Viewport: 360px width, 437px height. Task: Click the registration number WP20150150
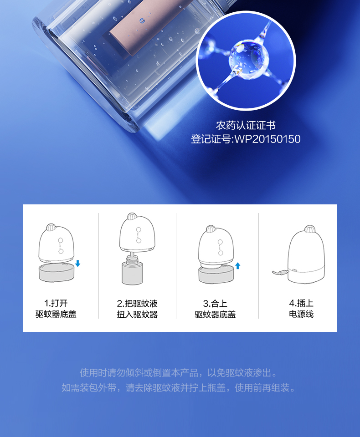point(267,139)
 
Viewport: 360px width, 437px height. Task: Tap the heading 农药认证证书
point(246,125)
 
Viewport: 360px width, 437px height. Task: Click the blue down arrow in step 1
point(77,263)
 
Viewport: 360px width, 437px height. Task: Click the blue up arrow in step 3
point(238,265)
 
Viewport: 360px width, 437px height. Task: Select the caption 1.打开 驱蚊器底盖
point(56,309)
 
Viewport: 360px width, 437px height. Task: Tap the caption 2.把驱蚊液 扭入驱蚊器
point(137,309)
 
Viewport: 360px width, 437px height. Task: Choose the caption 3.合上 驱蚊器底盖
point(215,309)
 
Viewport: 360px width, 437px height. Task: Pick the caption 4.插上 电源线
point(301,309)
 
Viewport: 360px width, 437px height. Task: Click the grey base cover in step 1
point(57,272)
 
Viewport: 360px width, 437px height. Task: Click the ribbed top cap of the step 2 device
point(132,216)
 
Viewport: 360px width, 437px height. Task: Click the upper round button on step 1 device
point(61,240)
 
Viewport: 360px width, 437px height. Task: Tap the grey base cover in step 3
point(216,274)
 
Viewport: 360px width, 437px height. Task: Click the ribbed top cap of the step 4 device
point(310,229)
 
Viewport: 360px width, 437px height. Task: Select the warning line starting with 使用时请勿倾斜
point(179,373)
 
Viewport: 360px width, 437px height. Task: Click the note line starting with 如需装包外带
point(179,388)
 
